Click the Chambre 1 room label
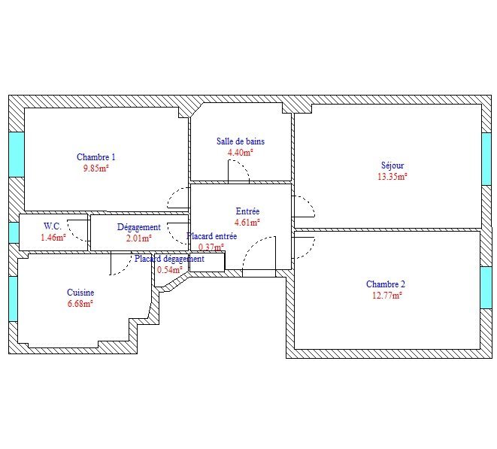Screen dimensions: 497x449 tap(96, 157)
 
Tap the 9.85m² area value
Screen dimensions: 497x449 tap(95, 168)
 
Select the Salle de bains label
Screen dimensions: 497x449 tap(241, 141)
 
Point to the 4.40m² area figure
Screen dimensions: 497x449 tap(241, 153)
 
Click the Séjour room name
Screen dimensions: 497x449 tap(392, 165)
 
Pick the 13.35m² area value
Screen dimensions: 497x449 tap(392, 177)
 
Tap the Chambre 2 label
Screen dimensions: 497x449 tap(386, 284)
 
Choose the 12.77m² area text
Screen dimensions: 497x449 tap(387, 296)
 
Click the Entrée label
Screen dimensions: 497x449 tap(248, 211)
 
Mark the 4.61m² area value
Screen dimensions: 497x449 tap(247, 223)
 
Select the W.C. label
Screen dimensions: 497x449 tap(53, 226)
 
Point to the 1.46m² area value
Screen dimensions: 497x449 tap(53, 237)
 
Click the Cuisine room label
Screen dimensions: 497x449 tap(80, 293)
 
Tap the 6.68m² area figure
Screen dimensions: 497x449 tap(80, 303)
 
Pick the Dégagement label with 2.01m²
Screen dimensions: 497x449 tap(139, 227)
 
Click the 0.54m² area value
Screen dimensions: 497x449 tap(170, 270)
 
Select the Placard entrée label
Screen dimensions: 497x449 tap(212, 236)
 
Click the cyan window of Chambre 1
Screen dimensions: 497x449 tap(17, 154)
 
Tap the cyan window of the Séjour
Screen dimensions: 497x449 tap(486, 159)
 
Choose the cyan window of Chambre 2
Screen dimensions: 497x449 tap(486, 287)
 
